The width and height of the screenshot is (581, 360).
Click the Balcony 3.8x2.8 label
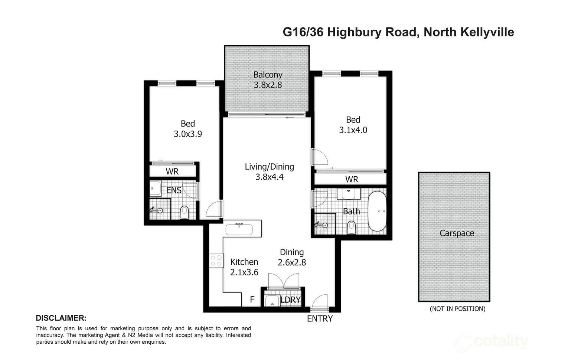click(268, 80)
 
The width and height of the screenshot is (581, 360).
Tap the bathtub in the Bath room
click(377, 211)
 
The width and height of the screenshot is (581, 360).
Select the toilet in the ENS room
click(185, 213)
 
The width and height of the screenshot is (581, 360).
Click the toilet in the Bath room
click(351, 228)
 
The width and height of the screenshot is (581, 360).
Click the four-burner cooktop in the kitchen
click(216, 260)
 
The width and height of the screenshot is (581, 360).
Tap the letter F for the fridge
click(252, 300)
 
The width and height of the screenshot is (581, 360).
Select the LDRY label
click(290, 300)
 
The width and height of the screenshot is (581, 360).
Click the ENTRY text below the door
click(320, 319)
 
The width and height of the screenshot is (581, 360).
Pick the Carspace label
click(457, 233)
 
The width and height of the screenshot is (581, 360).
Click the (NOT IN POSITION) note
click(457, 309)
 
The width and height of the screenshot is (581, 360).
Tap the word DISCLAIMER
click(61, 318)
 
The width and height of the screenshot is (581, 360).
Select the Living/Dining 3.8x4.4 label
click(269, 172)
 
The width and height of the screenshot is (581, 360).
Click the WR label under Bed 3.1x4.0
click(352, 179)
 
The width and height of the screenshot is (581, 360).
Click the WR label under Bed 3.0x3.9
click(172, 171)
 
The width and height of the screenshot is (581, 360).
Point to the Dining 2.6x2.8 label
click(292, 257)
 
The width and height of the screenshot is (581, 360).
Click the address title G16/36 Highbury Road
click(398, 32)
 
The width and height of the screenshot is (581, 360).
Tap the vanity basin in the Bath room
click(348, 194)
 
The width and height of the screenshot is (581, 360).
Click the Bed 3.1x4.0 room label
click(353, 125)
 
